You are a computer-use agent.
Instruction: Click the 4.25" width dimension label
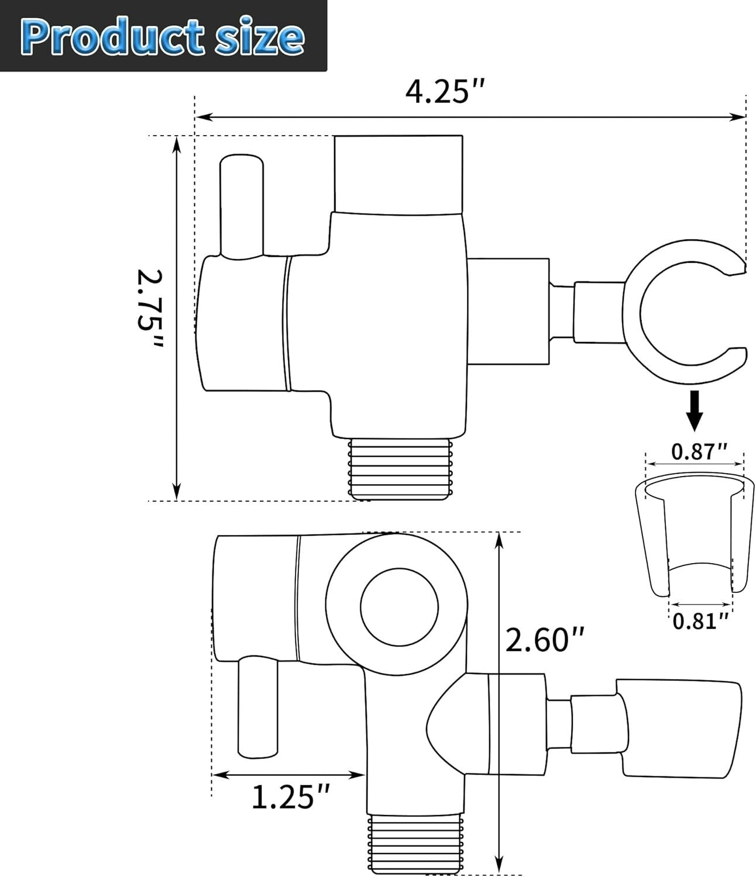point(445,92)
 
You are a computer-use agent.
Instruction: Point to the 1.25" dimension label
point(291,797)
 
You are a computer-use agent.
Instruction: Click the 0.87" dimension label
point(699,451)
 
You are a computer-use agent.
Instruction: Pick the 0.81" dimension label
point(700,620)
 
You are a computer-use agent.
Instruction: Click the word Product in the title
point(108,36)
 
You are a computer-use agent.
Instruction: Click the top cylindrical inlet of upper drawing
point(398,173)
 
